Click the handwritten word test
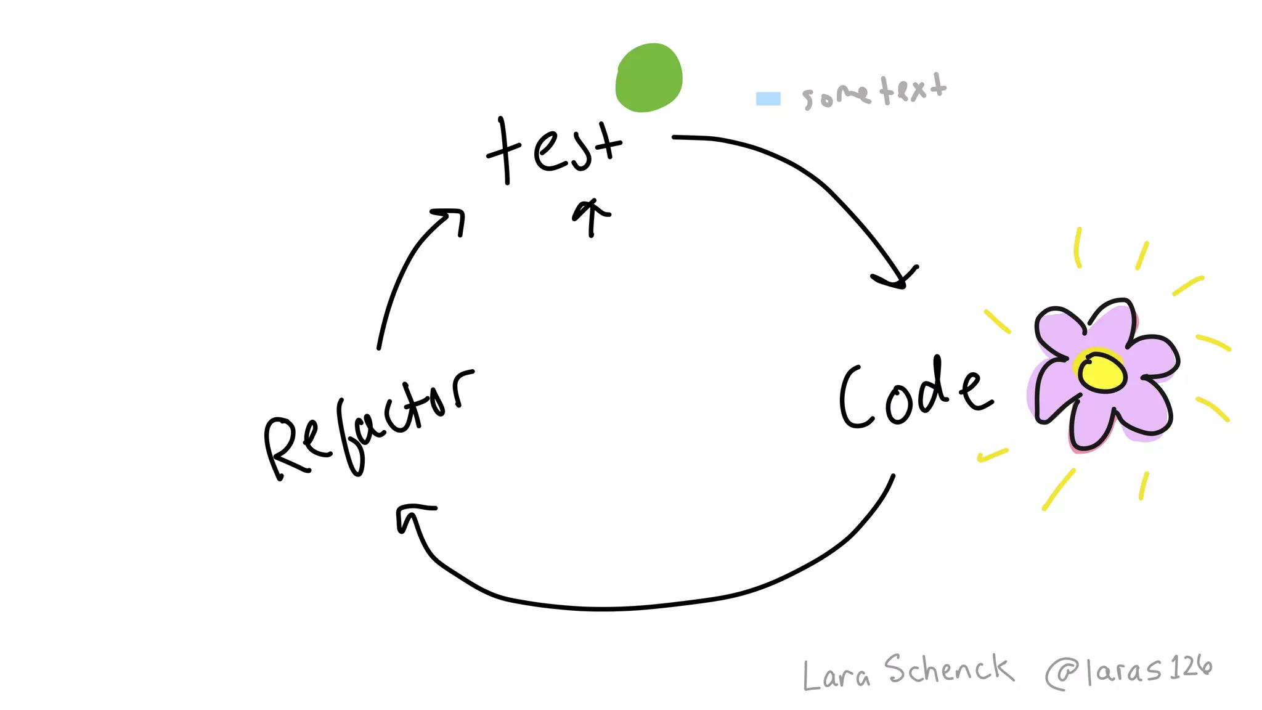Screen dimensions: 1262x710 pyautogui.click(x=555, y=148)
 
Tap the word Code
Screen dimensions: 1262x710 pyautogui.click(x=915, y=394)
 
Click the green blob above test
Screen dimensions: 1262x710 pyautogui.click(x=649, y=78)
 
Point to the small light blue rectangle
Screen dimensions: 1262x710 pyautogui.click(x=768, y=99)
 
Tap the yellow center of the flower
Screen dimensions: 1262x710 pyautogui.click(x=1102, y=372)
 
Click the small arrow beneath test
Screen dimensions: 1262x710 pyautogui.click(x=592, y=216)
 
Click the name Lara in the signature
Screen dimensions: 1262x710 pyautogui.click(x=836, y=675)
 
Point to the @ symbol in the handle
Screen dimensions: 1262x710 pyautogui.click(x=1061, y=674)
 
